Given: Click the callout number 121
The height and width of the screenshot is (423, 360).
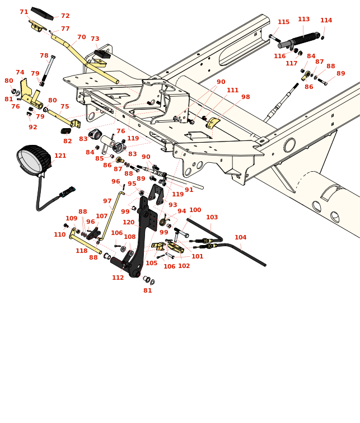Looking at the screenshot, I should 60,156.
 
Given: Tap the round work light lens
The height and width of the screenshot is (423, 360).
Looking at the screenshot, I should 31,161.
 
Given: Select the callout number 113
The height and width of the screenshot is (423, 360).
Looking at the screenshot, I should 303,20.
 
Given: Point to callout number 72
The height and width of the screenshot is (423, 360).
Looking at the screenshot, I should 66,16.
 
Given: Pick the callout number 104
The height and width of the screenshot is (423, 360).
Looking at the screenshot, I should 240,238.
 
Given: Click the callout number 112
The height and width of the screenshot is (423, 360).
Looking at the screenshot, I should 118,278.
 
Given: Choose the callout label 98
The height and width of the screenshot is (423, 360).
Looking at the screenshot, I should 245,97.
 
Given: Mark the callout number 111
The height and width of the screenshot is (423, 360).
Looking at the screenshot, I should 232,91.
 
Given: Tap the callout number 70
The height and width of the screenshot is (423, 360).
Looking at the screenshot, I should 81,37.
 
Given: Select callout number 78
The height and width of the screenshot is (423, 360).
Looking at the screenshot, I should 44,56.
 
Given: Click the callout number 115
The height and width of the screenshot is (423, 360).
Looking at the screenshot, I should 283,22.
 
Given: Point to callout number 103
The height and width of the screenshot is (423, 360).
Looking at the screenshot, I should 212,218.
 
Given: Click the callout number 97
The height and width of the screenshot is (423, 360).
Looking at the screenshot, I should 107,201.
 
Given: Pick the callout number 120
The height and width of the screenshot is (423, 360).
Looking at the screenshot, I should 129,223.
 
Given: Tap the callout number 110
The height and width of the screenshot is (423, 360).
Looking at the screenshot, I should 59,235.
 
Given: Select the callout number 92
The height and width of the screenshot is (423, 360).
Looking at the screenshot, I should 33,128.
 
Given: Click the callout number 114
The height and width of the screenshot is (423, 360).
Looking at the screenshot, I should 326,21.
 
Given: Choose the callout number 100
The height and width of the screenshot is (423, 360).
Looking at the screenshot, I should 195,210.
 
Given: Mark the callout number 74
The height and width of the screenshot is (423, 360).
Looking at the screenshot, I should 20,73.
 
